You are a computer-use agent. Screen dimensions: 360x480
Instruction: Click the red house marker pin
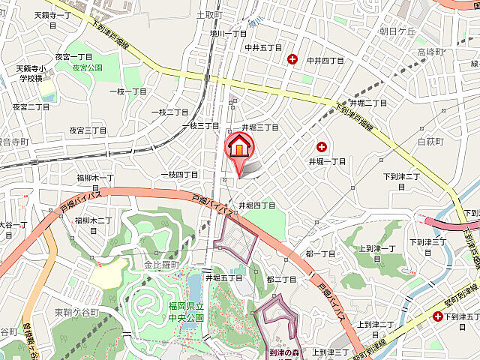click(238, 146)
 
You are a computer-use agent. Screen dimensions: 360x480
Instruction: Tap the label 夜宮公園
click(88, 67)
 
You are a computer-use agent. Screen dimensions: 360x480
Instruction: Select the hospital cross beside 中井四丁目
click(292, 59)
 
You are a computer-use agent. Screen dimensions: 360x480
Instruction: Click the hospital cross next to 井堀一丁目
click(322, 148)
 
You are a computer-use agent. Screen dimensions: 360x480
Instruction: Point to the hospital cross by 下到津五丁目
click(437, 316)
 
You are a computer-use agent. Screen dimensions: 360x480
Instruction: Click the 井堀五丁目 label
click(224, 277)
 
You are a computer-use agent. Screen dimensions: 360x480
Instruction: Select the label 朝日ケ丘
click(397, 31)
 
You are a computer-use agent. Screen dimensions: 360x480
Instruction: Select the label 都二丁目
click(281, 279)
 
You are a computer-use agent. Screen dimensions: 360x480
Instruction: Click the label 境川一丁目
click(228, 33)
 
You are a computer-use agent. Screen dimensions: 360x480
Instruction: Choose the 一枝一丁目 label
click(128, 91)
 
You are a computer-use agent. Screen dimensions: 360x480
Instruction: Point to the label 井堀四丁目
click(257, 205)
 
